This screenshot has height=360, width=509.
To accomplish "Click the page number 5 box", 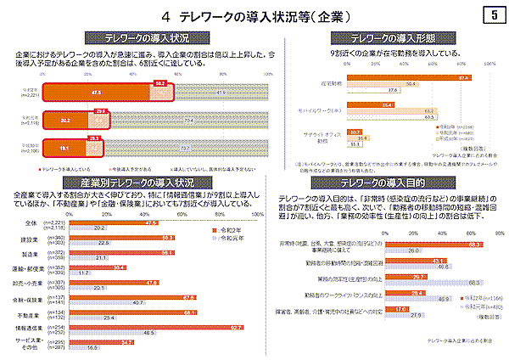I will tap(493, 14).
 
